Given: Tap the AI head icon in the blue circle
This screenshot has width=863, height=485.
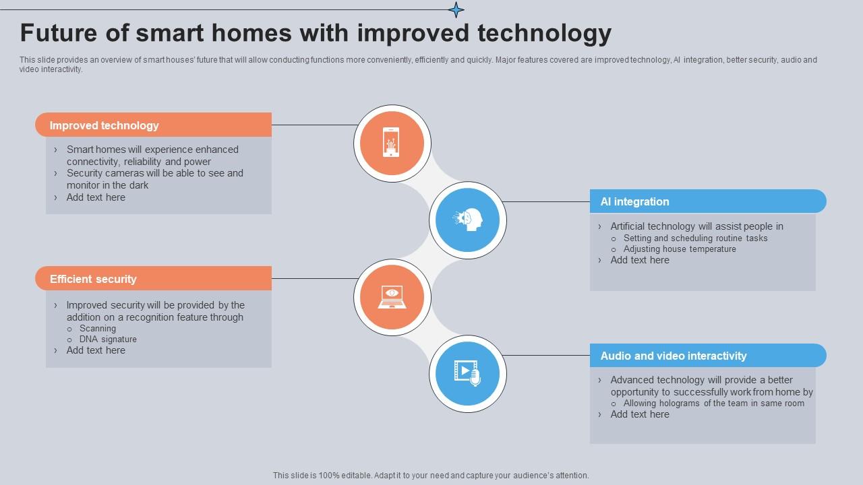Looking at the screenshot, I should (468, 220).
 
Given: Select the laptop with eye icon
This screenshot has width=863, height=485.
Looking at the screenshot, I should (392, 296).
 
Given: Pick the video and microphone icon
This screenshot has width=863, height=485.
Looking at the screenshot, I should (467, 373).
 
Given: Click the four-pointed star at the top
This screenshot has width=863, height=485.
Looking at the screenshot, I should (456, 9).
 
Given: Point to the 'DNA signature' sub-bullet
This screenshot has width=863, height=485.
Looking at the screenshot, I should (108, 339).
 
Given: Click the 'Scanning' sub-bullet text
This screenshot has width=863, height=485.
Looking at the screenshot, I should (98, 329).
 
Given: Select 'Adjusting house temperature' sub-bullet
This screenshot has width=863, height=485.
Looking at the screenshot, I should (680, 249).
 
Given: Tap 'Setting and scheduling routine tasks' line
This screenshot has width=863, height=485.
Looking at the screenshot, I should (695, 238).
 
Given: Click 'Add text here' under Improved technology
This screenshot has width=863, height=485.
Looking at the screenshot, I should (96, 197).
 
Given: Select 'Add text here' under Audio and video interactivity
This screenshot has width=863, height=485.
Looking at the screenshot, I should (640, 414).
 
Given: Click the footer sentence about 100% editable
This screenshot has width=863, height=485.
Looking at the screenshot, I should (431, 475).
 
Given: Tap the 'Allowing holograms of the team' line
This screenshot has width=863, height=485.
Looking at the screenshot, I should (713, 403).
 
